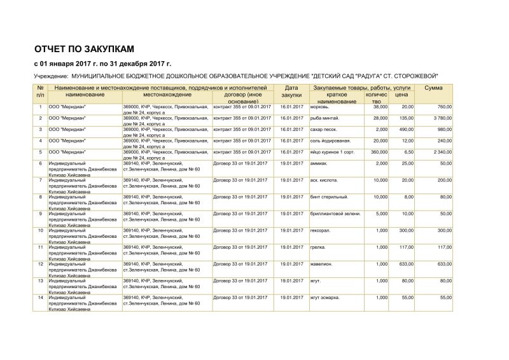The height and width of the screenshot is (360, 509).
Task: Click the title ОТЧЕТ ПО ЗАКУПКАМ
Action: (83, 48)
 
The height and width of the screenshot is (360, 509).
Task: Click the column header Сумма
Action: (433, 87)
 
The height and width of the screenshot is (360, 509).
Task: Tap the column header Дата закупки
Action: (291, 91)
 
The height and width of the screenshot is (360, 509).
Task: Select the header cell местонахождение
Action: (166, 94)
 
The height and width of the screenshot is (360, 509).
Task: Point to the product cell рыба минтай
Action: (325, 118)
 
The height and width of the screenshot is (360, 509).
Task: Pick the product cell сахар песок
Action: (325, 129)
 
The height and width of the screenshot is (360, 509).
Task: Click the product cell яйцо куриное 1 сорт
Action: (334, 152)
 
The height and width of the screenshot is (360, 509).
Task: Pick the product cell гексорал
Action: (321, 230)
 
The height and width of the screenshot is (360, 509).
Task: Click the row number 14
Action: (41, 297)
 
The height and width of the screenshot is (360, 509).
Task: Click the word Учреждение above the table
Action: (50, 76)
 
